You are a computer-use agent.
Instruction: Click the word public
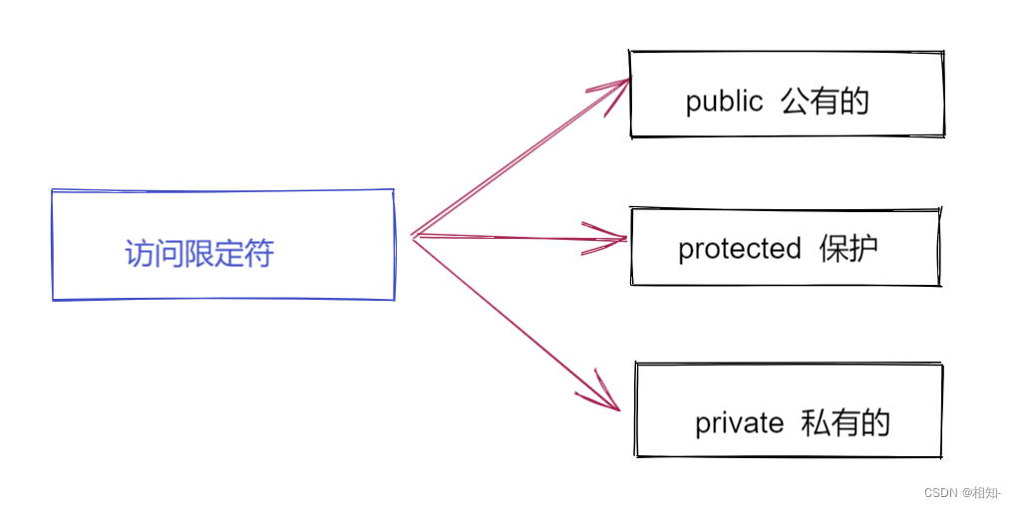724,102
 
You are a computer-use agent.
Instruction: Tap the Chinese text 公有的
826,102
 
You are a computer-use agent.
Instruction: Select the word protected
739,248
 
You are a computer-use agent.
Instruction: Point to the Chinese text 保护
848,248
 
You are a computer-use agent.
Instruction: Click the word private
739,423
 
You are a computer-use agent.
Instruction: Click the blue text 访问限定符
199,253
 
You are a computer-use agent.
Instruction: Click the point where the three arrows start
412,236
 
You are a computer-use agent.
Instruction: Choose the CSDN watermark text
940,492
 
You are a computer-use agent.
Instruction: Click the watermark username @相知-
981,492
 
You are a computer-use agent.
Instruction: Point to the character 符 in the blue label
259,253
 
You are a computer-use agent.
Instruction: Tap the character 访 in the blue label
140,253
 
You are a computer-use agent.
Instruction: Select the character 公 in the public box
796,102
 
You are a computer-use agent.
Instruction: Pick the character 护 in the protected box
863,248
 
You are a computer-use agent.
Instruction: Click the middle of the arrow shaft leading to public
518,159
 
